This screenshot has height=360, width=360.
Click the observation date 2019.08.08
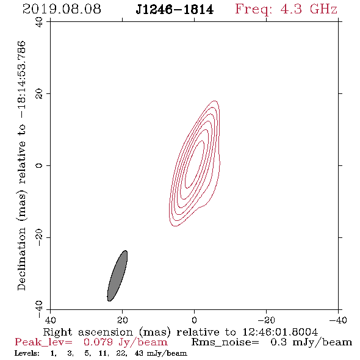click(x=62, y=9)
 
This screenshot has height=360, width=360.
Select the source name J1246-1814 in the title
click(x=175, y=10)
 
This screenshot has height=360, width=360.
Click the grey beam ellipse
click(x=117, y=276)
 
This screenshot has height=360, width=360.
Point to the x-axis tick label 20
click(x=123, y=320)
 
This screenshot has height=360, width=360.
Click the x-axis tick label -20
click(x=266, y=320)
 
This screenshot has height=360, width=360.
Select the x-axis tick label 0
click(x=194, y=320)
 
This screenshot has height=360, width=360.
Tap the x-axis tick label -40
click(x=338, y=320)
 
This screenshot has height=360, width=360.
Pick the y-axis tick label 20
click(x=40, y=94)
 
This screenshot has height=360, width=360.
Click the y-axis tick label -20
click(x=40, y=237)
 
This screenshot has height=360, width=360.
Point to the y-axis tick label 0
click(x=40, y=165)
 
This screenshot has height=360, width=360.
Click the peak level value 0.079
click(x=98, y=342)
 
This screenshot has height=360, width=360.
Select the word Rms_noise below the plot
click(x=225, y=342)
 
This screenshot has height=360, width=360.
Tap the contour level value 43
click(x=139, y=353)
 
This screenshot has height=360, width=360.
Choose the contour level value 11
click(x=103, y=353)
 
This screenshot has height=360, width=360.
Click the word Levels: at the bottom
click(x=27, y=353)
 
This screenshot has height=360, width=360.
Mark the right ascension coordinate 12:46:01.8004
click(x=280, y=332)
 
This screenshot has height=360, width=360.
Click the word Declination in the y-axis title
click(x=21, y=259)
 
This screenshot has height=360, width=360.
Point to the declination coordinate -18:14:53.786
click(x=21, y=79)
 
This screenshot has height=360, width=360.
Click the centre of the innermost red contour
click(x=195, y=164)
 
